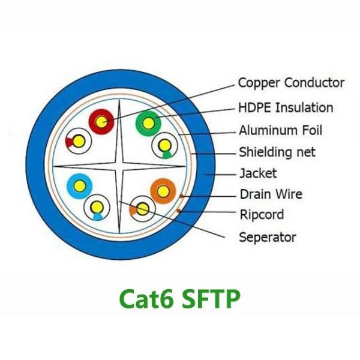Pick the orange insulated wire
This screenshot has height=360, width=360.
point(163,191)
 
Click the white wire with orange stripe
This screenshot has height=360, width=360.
point(142,209)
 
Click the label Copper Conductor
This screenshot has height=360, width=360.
point(291,83)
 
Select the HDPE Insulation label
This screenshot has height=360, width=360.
point(286,108)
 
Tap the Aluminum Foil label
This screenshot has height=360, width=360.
point(280,130)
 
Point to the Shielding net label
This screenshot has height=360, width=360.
point(277,152)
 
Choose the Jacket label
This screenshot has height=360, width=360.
point(258,173)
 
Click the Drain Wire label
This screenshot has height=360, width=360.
point(271,194)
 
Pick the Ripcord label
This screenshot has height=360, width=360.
point(262,215)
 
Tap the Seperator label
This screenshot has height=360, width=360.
point(267,237)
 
